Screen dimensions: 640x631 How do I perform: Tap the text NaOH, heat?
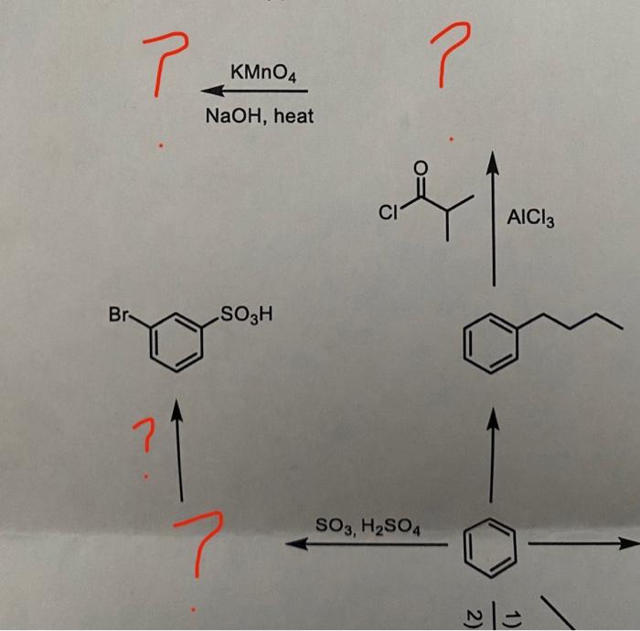(x=259, y=116)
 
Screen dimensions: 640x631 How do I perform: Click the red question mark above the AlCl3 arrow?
(x=452, y=55)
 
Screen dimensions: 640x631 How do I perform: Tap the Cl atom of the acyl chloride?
(x=388, y=215)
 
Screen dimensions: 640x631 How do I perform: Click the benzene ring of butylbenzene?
(x=487, y=344)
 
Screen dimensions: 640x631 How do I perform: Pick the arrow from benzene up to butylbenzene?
(x=494, y=457)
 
